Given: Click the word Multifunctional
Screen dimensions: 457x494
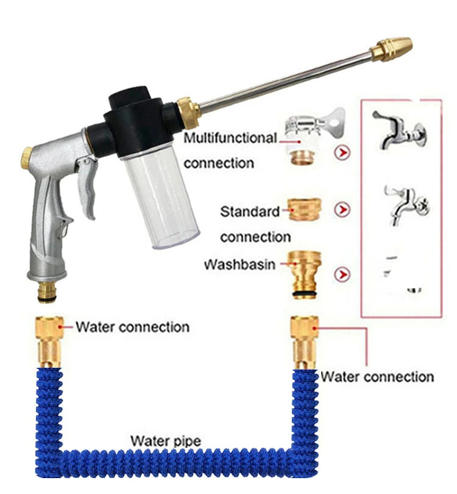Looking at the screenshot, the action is [x=230, y=138].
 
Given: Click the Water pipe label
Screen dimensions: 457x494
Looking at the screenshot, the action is [x=165, y=440].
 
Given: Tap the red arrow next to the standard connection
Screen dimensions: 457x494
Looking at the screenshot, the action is [x=344, y=210].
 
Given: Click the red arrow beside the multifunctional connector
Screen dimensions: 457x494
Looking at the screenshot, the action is [x=344, y=152].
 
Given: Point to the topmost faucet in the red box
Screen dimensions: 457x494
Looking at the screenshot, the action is [x=399, y=131].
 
